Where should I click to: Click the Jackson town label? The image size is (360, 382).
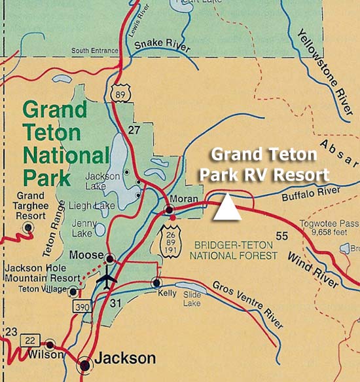coord(126,358)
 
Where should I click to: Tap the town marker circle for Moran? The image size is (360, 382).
coord(170,210)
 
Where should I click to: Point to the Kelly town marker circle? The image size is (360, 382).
coord(156,283)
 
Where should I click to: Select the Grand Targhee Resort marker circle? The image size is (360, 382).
coord(28,227)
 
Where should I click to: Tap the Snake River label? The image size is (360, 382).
coord(162,46)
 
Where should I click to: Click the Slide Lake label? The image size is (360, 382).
coord(191,299)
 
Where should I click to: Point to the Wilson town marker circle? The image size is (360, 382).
coord(50,344)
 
